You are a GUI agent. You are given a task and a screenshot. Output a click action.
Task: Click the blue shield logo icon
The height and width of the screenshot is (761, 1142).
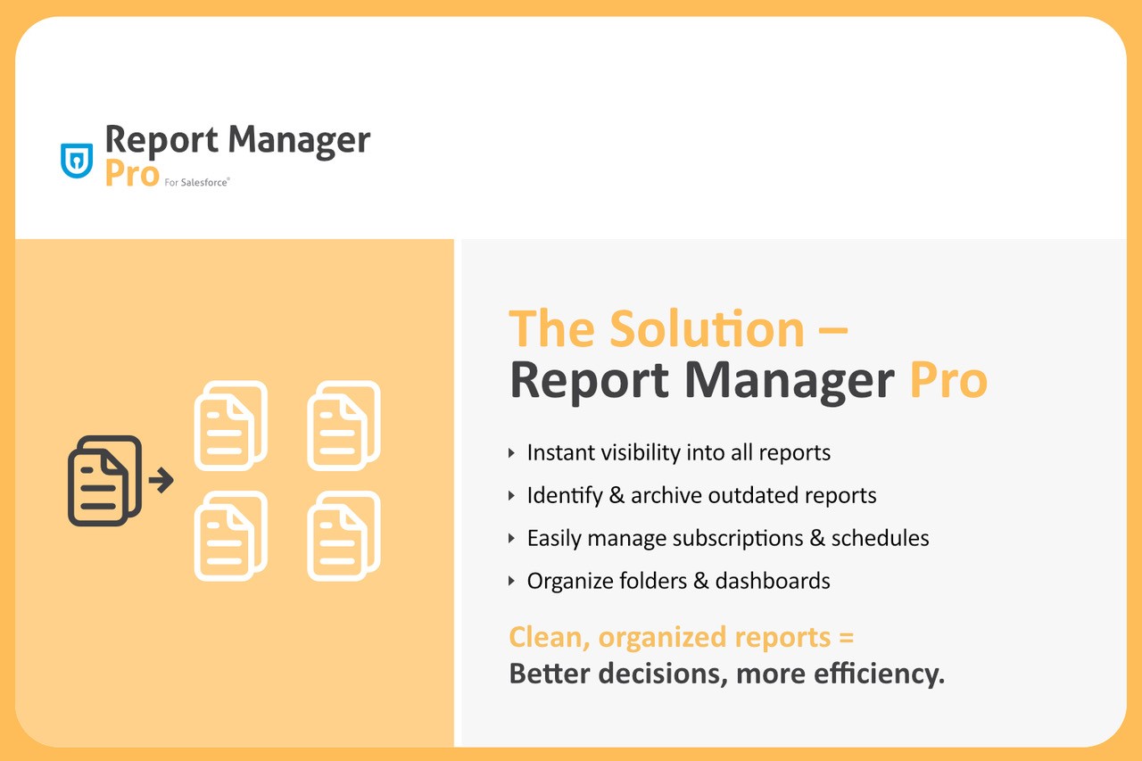pos(77,161)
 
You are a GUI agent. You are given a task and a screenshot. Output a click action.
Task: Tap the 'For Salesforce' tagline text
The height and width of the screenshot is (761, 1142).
pos(197,183)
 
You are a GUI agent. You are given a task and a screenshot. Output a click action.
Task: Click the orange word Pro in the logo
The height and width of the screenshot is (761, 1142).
pos(132,174)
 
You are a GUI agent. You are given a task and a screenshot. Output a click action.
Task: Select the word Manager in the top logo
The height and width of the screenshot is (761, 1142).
pos(299,141)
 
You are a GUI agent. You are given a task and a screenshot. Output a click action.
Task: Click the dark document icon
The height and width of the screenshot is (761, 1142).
pos(104,481)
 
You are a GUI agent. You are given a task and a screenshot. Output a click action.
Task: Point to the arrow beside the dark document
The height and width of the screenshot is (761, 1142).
pos(161,480)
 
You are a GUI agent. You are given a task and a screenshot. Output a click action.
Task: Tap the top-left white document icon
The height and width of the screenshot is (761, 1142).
pos(231,426)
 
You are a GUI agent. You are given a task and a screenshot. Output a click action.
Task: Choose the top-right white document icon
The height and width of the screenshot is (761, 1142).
pos(343,426)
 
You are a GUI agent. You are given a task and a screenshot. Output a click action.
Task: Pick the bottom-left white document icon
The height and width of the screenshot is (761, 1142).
pos(231,535)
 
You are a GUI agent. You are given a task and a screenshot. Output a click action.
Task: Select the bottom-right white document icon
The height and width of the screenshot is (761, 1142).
pos(343,535)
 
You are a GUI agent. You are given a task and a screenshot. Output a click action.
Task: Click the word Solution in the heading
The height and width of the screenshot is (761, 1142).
pos(708,329)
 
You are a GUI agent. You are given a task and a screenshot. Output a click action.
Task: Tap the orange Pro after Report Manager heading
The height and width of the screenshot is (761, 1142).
pos(948,380)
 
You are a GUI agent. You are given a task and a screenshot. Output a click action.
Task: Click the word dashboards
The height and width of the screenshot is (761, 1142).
pos(773,581)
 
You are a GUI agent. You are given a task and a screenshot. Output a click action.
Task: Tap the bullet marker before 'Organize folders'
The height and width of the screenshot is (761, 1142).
pos(512,581)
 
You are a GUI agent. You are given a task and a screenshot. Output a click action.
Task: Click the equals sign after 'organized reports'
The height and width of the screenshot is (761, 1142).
pos(847,638)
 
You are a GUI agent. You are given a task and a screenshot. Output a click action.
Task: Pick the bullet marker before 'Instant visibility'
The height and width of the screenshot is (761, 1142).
pos(512,452)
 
